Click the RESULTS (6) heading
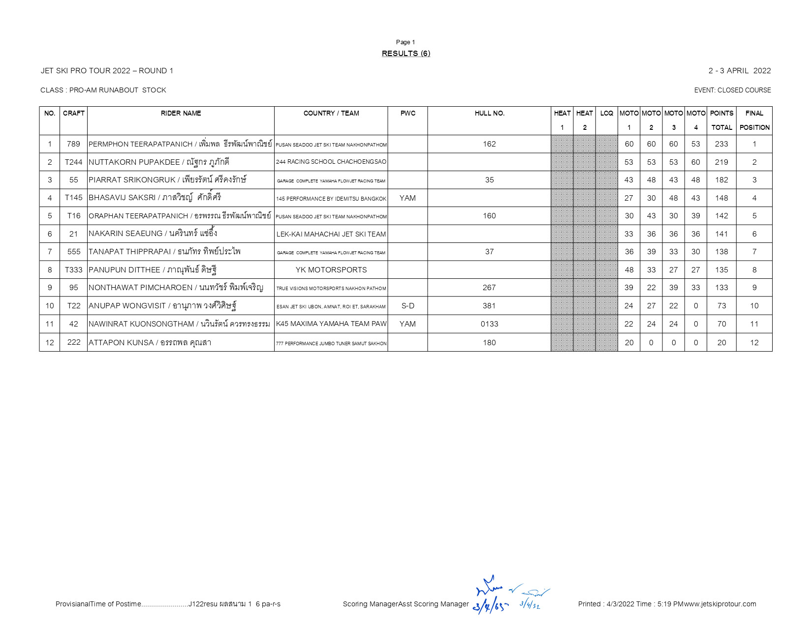(406, 54)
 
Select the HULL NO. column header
(489, 114)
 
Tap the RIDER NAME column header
(181, 114)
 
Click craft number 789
(73, 144)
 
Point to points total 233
(721, 144)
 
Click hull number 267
(489, 288)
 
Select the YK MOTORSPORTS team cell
(331, 270)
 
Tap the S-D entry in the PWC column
(407, 306)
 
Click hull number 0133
(489, 324)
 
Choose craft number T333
(73, 270)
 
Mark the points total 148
(721, 198)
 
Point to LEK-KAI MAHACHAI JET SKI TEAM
(331, 234)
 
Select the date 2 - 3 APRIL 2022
(739, 71)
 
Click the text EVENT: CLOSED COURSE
(732, 90)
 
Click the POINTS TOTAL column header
(721, 120)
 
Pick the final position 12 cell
(754, 343)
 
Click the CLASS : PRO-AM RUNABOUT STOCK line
(103, 90)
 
